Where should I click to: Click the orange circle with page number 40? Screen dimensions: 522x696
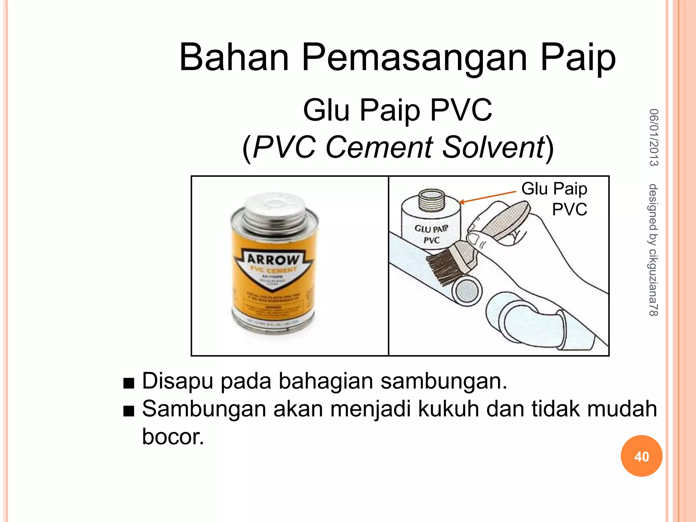[x=641, y=456]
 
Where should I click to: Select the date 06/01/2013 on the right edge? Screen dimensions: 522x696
[x=654, y=137]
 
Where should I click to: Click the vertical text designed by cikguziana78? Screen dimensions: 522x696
[x=654, y=250]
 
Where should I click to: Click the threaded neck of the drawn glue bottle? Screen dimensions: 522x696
[x=431, y=201]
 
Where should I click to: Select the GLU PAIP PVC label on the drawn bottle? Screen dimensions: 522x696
[x=431, y=234]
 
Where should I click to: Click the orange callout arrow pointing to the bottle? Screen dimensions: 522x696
[x=487, y=197]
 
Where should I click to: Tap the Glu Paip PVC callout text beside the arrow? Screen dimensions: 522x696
[x=555, y=198]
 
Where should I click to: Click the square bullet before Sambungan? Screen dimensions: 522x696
[x=129, y=412]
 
